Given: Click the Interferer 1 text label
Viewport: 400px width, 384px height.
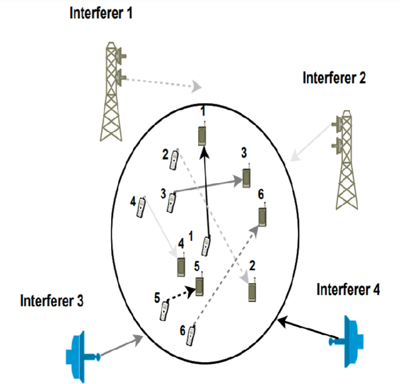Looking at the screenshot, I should [x=101, y=13].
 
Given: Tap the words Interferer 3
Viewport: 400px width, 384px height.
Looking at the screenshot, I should [x=51, y=299].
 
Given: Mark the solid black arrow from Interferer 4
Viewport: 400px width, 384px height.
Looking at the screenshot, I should [x=306, y=330].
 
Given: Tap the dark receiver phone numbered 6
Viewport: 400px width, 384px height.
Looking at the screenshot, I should [x=263, y=216].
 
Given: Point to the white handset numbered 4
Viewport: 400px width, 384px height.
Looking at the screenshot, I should [x=142, y=208].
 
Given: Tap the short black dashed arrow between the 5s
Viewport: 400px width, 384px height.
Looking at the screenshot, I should [x=181, y=293].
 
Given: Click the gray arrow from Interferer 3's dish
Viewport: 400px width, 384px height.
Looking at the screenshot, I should [x=122, y=343].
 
